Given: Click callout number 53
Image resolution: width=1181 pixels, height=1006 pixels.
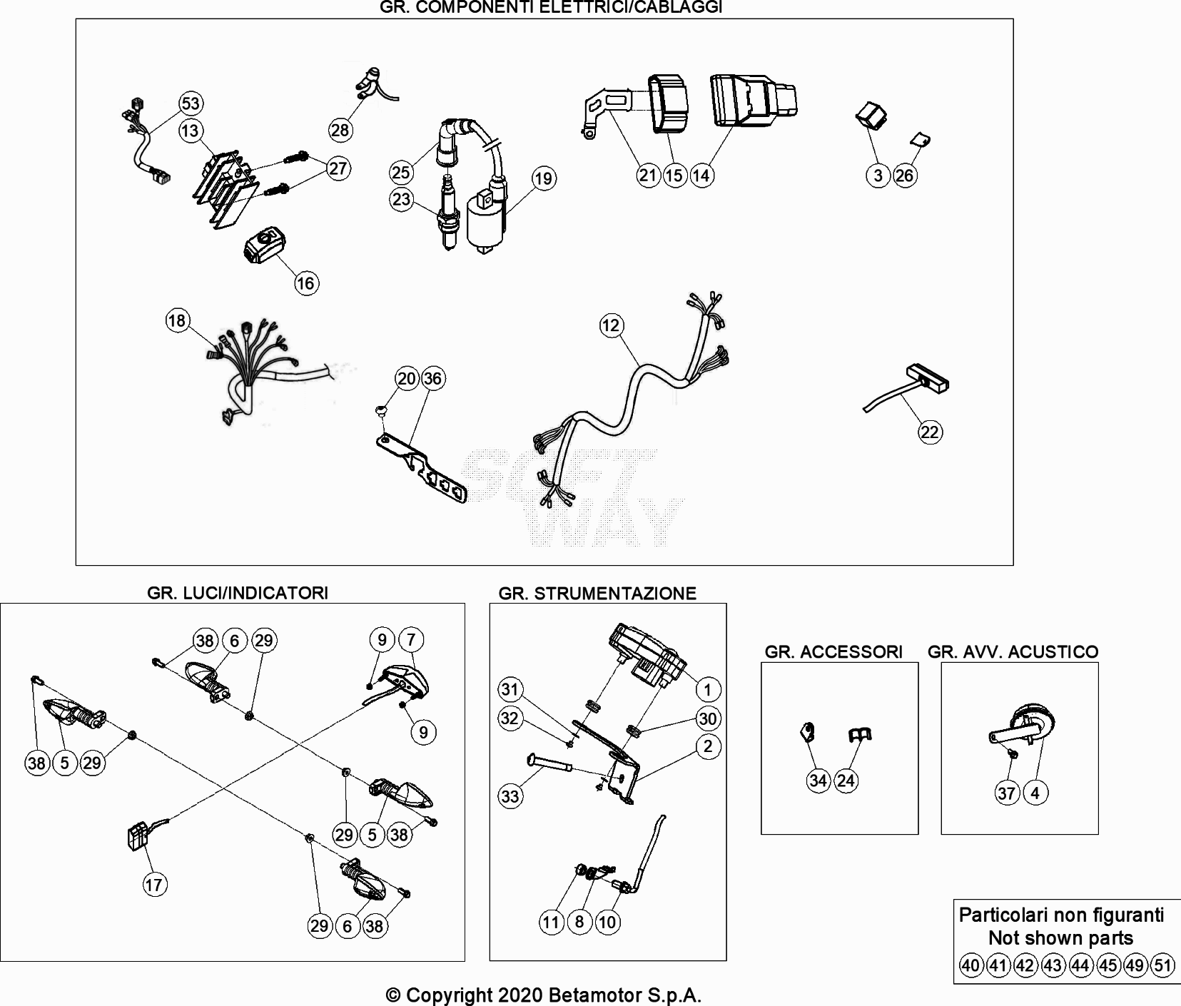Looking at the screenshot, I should click(191, 103).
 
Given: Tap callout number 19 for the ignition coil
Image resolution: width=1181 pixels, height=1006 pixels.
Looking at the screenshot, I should click(544, 178).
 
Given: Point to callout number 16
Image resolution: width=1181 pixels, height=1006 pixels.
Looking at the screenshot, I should click(305, 283).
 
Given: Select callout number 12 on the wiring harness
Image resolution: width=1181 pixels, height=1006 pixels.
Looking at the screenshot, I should click(611, 326).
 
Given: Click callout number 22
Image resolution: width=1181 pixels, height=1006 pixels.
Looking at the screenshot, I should click(930, 432).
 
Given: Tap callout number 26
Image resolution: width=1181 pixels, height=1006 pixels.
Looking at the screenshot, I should click(904, 176).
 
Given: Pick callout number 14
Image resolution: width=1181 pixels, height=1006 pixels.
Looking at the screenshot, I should click(701, 175).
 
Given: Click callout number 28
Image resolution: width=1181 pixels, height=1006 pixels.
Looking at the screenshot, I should click(340, 129).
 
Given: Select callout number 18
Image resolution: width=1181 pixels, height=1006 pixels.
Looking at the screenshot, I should click(177, 320).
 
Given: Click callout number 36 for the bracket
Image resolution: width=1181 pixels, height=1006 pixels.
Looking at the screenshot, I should click(432, 378).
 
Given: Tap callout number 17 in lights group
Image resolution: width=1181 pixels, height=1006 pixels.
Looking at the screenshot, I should click(154, 885).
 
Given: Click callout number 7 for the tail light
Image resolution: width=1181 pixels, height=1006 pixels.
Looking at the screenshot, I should click(411, 640).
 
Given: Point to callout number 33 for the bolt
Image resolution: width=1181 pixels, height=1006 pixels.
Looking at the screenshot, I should click(510, 796).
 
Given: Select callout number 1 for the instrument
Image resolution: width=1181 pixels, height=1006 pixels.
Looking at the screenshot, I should click(708, 690).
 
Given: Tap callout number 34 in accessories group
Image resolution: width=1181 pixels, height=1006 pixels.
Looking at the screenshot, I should click(818, 781).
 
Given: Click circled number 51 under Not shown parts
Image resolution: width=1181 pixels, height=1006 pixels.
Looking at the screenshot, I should click(1162, 966).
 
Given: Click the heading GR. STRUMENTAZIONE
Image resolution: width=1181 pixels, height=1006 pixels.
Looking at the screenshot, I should click(597, 594).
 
